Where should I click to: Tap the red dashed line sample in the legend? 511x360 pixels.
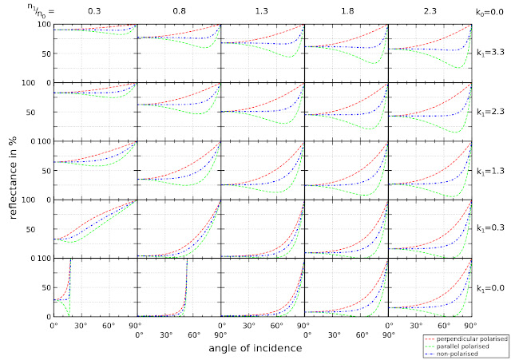(431, 338)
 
